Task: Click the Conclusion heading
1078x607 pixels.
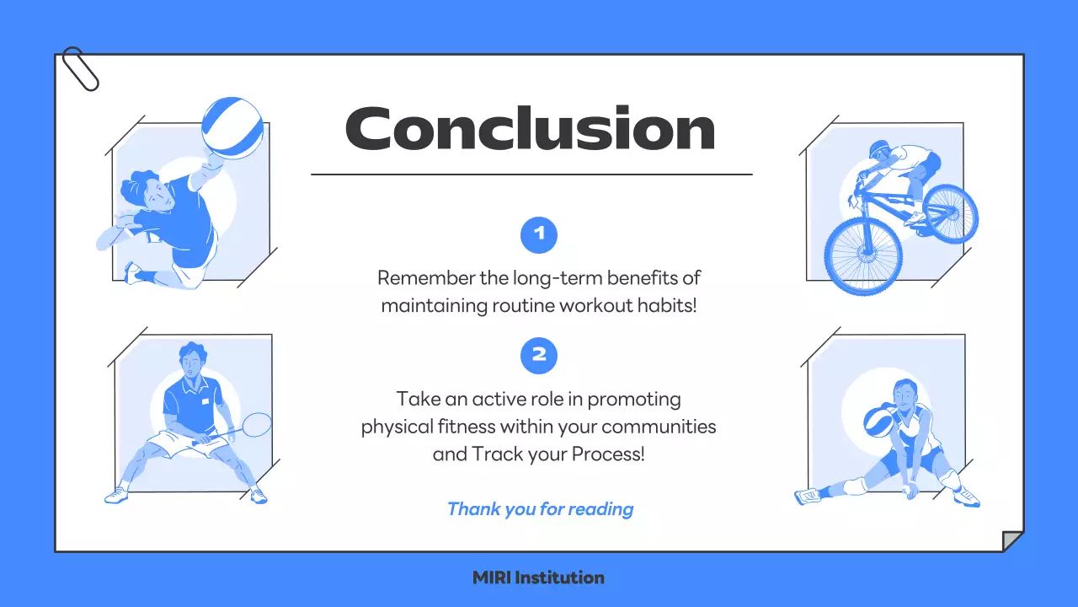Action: (531, 128)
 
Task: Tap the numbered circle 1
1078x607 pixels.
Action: (539, 235)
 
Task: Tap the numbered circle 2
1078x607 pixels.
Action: (539, 356)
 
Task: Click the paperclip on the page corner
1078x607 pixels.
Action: (80, 69)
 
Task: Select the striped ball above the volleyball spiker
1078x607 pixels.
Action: (232, 128)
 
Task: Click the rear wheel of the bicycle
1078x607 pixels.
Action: (951, 214)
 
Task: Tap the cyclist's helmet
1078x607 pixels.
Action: (879, 148)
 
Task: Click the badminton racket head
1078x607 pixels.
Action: (257, 424)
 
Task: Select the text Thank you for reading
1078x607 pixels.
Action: (540, 509)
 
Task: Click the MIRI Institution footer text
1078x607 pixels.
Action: (538, 577)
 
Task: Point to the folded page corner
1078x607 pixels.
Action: (1012, 541)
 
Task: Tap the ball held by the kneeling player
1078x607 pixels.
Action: (878, 422)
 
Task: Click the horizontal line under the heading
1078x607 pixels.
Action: (531, 175)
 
